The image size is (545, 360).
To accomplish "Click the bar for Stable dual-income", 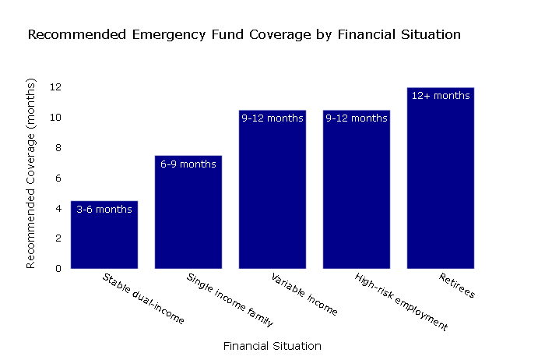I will point(104,238).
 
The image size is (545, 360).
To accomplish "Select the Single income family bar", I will point(188,218).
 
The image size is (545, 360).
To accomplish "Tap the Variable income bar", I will point(272,195).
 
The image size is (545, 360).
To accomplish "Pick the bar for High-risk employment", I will point(357,195).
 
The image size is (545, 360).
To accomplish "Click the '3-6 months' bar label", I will point(104,210).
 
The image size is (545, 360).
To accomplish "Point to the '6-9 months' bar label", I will point(188,164).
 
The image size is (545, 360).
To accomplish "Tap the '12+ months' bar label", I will point(441,96).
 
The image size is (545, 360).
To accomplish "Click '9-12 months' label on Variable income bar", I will point(272,118).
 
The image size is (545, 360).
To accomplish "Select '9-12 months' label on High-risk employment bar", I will point(357,118).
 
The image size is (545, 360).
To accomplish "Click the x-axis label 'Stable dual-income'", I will point(143,298).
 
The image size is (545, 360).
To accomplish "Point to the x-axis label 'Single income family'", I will point(230,300).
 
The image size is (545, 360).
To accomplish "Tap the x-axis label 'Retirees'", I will point(457,286).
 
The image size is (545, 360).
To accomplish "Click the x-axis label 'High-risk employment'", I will point(401,302).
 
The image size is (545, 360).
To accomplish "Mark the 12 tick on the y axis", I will point(56,87).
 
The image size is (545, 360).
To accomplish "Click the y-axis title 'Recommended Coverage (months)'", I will point(31,173).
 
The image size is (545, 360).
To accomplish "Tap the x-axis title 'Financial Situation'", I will point(272,345).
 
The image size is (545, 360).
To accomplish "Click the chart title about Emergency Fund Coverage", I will point(244,35).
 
